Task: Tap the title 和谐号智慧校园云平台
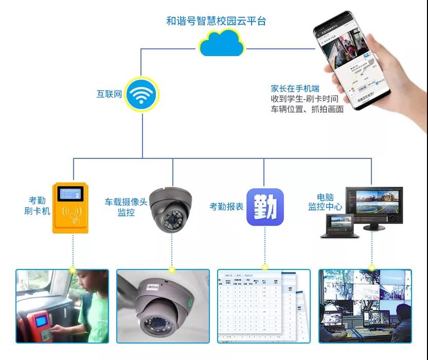click(x=216, y=21)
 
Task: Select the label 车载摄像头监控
click(x=126, y=207)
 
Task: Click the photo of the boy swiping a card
click(x=62, y=306)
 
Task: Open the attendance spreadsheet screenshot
click(x=263, y=306)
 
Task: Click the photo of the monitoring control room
click(x=365, y=306)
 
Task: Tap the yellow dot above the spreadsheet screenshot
click(x=265, y=267)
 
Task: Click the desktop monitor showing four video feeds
click(x=374, y=206)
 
